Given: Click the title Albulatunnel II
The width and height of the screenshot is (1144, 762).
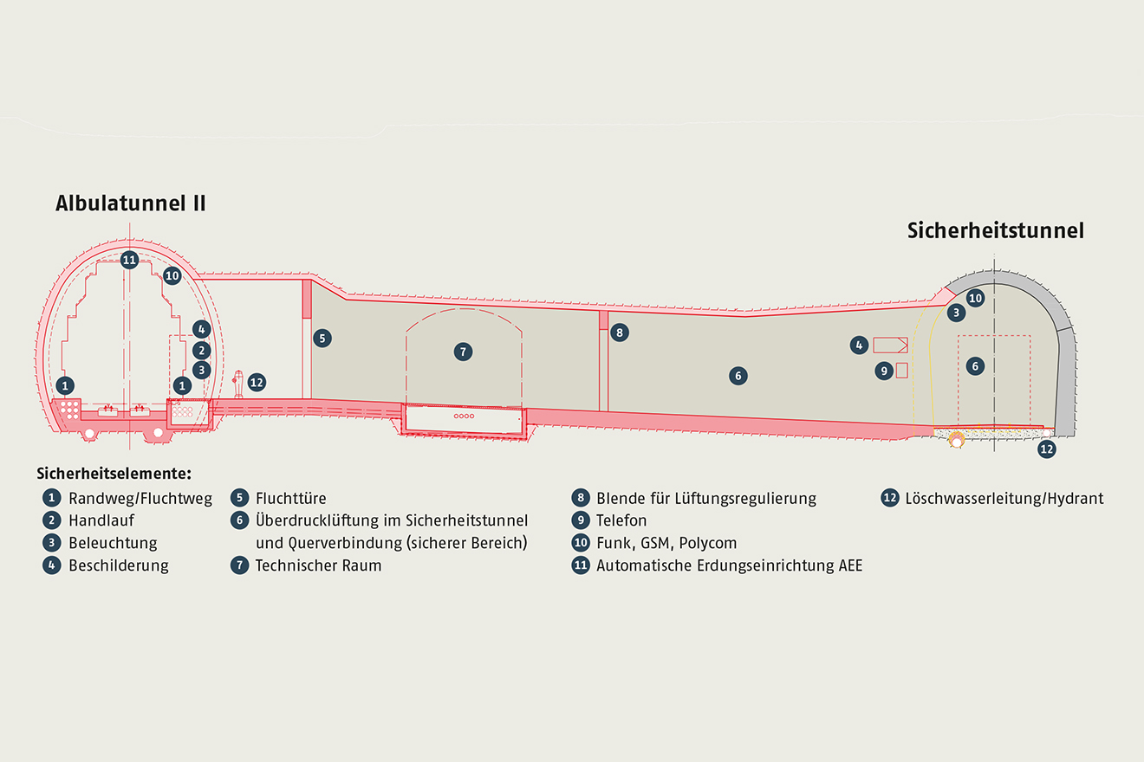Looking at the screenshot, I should click(130, 203).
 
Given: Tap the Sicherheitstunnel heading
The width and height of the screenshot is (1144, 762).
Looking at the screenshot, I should click(996, 231).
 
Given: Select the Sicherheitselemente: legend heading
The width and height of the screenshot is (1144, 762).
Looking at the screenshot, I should click(114, 474).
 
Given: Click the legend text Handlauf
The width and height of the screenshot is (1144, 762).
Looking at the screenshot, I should click(101, 520).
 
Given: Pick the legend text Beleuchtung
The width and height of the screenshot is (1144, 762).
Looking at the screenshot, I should click(113, 543).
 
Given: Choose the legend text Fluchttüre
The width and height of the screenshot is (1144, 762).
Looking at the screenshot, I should click(290, 498).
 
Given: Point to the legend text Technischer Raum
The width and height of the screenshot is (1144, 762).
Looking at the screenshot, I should click(318, 565).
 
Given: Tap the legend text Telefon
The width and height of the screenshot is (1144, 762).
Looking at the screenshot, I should click(621, 520).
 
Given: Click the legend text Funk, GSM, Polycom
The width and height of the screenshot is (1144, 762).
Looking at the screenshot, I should click(666, 543).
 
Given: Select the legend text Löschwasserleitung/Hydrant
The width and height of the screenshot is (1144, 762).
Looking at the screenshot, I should click(1004, 498).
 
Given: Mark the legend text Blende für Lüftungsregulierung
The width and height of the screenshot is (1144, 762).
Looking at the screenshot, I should click(705, 498).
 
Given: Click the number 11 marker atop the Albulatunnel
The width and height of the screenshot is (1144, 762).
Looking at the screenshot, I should click(129, 259).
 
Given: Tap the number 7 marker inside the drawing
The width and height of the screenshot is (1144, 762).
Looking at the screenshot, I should click(464, 351).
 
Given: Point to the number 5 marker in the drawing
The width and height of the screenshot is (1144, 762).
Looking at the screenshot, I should click(322, 338).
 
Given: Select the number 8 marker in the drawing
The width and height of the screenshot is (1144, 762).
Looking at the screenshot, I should click(618, 332).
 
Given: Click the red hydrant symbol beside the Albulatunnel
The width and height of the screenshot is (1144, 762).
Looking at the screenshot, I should click(238, 383).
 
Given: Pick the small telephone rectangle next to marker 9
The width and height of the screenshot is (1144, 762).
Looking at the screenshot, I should click(901, 370).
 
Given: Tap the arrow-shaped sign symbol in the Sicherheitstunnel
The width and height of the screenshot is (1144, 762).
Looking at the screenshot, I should click(890, 344).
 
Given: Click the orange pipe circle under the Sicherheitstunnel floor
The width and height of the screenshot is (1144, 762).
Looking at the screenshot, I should click(957, 440).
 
